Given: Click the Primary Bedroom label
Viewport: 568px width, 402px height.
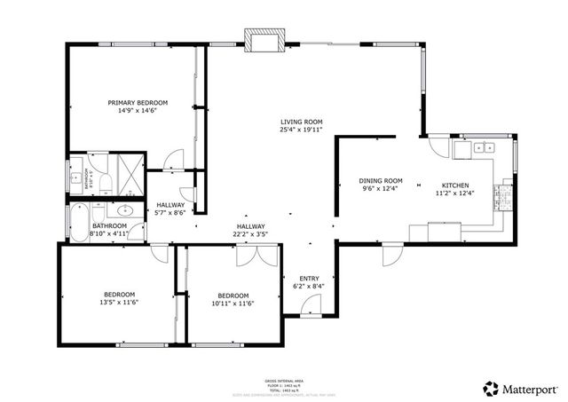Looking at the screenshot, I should pyautogui.click(x=138, y=102).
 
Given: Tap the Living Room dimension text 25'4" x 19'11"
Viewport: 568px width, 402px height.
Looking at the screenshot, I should pyautogui.click(x=301, y=130).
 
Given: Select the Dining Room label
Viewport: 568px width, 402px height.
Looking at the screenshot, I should pyautogui.click(x=381, y=180).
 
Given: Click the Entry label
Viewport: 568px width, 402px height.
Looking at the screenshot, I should pyautogui.click(x=308, y=278).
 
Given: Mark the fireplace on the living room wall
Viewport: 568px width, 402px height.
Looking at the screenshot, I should pyautogui.click(x=266, y=42).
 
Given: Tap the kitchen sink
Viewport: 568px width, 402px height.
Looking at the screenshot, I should pyautogui.click(x=484, y=147).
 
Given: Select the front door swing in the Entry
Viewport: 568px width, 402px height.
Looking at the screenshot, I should pyautogui.click(x=311, y=306).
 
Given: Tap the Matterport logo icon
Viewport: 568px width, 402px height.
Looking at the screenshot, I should pyautogui.click(x=490, y=388).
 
